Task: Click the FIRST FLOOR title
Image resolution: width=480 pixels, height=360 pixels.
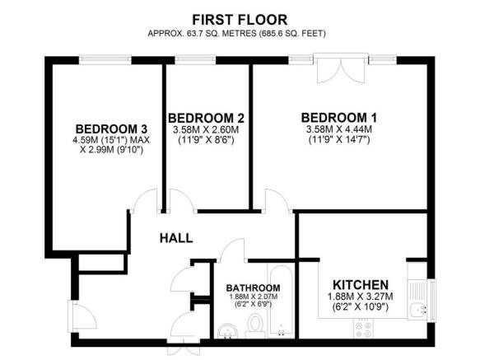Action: tap(240, 18)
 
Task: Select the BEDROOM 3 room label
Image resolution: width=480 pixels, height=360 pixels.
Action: tap(111, 129)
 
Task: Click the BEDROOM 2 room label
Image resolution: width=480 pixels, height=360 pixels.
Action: tap(205, 118)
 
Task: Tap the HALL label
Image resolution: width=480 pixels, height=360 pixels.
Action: tap(176, 238)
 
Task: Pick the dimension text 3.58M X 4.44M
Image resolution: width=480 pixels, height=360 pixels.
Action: tap(337, 129)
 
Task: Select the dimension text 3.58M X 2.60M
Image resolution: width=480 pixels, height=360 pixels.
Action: tap(205, 129)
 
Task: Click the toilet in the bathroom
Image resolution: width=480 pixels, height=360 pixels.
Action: tap(255, 328)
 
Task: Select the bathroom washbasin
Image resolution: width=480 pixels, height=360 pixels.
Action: tap(228, 330)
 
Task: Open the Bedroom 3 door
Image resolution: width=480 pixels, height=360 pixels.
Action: tap(146, 200)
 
